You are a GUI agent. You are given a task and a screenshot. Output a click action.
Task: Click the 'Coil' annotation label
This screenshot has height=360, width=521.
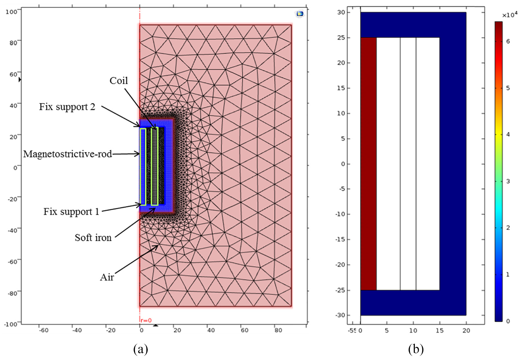point(118,81)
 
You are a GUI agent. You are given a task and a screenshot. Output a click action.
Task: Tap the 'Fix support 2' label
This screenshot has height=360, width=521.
point(67,107)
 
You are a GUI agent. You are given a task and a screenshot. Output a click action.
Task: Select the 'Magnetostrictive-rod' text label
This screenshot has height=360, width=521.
point(68,154)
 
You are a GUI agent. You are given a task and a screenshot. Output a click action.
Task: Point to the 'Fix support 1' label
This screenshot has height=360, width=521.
point(71,212)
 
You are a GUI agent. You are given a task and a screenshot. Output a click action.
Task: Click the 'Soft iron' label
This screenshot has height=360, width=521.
point(93,238)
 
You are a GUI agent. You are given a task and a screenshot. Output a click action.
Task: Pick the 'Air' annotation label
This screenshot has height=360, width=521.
point(107,277)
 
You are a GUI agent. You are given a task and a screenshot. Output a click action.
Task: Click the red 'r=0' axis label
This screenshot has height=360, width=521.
point(146,320)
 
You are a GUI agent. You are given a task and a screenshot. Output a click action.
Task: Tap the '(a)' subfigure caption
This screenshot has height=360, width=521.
point(141,349)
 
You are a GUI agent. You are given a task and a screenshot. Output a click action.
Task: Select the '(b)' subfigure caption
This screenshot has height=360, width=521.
point(416,349)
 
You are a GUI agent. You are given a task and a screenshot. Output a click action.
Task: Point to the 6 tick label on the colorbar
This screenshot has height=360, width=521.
point(508,42)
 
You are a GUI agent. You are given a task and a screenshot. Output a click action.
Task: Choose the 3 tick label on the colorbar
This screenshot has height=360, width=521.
point(508,181)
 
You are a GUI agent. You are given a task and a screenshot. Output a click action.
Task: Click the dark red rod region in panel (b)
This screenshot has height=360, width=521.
point(368,164)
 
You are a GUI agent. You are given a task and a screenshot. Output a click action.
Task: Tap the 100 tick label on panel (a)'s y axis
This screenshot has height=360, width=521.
point(11,11)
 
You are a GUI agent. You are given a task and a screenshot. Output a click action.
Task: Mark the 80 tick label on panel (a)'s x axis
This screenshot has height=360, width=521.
point(278,330)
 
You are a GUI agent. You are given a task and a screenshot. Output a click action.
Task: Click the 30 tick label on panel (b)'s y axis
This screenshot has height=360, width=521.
point(341,12)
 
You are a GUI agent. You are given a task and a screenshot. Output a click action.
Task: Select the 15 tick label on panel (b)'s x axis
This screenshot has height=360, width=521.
point(440,330)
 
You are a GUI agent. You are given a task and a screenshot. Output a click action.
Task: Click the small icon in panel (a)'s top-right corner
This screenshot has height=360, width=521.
point(300,14)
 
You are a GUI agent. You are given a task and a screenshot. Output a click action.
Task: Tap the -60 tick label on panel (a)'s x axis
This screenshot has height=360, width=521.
point(43,330)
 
